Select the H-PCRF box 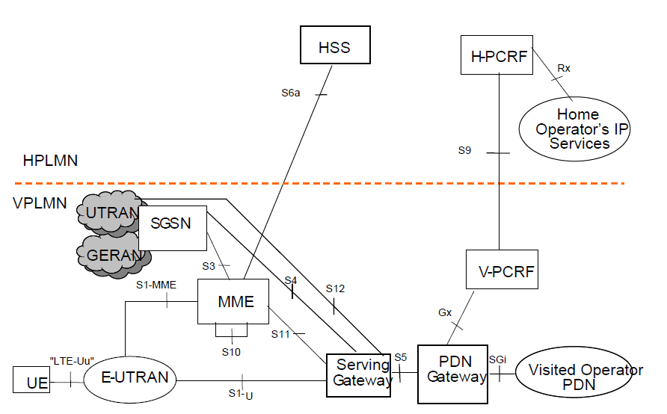pos(498,56)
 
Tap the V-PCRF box pos(501,271)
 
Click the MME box pos(235,302)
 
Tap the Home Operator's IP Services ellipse pos(574,129)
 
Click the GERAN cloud pos(112,255)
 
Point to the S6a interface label pos(291,93)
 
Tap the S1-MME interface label pos(153,285)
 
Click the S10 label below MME pos(231,351)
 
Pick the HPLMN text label pos(50,161)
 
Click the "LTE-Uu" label pos(71,362)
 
